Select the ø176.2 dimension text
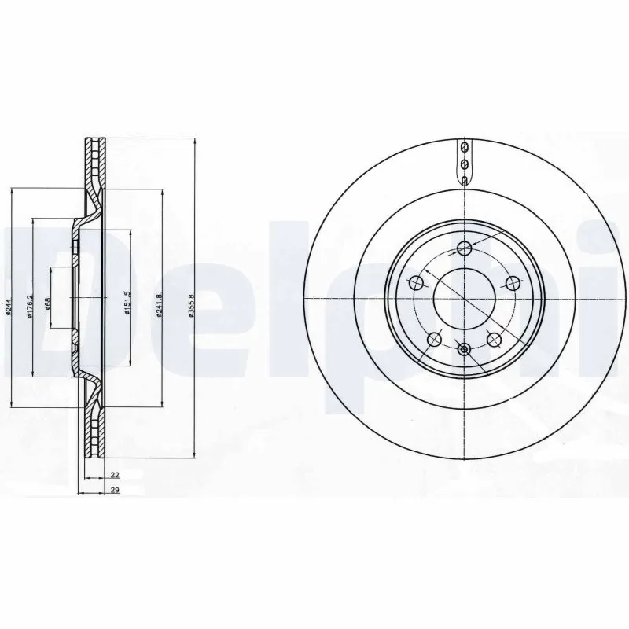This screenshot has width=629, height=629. coord(29,306)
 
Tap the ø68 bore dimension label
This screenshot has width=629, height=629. coord(48,303)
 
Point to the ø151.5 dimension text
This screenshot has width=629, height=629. coord(127,303)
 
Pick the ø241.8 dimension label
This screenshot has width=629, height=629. coord(160,305)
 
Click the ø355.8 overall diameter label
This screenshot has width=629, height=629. coord(191,306)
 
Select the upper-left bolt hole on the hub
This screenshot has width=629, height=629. coord(417,283)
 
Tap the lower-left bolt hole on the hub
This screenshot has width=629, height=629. coord(434,339)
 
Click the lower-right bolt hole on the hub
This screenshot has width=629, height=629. coord(494,339)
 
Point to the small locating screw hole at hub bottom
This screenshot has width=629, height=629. coord(464,349)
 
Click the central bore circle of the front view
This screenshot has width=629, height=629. coord(464,300)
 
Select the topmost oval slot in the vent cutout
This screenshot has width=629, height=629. coord(464,149)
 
